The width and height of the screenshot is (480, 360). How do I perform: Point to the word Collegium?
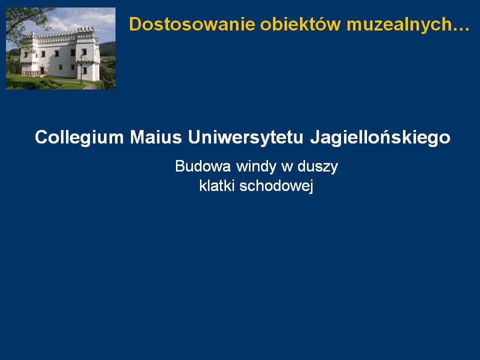coord(79,137)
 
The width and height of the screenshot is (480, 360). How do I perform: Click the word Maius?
coord(156,137)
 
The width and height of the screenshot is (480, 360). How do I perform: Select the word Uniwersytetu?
coord(245,137)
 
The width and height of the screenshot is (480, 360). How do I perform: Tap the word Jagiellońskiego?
coord(380,137)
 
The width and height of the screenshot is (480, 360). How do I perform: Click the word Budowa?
coord(203,166)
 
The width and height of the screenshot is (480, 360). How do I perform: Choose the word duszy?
coord(317,167)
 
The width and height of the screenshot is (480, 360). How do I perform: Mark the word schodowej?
coord(276,186)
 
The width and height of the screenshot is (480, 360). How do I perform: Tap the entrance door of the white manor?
coord(42,71)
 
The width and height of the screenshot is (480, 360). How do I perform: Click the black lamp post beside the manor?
coord(81,70)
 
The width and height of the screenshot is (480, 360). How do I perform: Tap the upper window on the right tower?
coord(84,51)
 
